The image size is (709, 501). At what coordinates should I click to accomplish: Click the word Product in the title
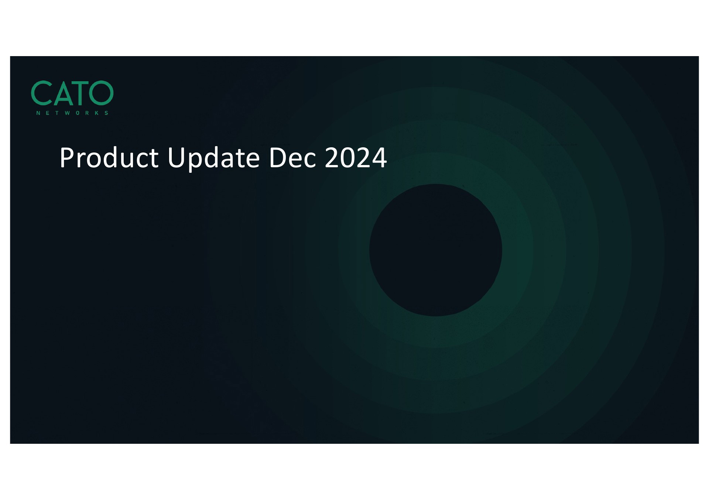click(x=109, y=158)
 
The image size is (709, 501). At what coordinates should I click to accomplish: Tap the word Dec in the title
click(x=293, y=158)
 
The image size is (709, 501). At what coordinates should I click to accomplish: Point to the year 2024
click(x=356, y=158)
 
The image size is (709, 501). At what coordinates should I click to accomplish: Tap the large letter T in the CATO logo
click(x=81, y=93)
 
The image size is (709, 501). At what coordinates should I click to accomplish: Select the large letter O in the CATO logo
click(x=102, y=93)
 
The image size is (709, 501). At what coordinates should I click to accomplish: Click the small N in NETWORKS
click(x=38, y=113)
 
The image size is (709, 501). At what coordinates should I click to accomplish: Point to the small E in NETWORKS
click(x=48, y=113)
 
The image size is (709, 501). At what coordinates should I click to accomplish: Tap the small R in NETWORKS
click(x=87, y=113)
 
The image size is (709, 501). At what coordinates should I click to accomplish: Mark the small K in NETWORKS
click(x=97, y=113)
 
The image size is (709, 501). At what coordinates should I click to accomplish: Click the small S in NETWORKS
click(x=106, y=113)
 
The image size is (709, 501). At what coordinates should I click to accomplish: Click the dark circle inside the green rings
click(x=435, y=250)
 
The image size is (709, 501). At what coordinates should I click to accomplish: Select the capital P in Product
click(x=66, y=158)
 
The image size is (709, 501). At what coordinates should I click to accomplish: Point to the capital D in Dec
click(x=279, y=158)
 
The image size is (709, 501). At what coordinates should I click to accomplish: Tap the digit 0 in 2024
click(x=348, y=158)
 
